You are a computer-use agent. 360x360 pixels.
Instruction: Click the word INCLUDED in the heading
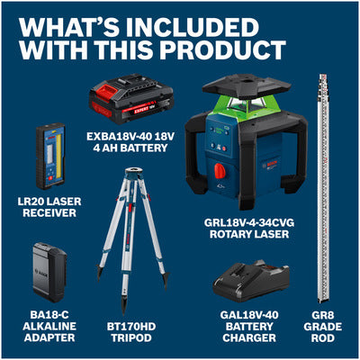(193, 28)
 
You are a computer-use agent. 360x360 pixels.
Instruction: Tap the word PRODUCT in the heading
(222, 49)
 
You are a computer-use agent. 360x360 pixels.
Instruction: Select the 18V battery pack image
(131, 98)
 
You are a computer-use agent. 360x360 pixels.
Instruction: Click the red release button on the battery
(105, 91)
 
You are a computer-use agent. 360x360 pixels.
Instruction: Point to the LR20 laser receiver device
(50, 156)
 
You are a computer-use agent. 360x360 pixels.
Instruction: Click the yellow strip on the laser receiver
(58, 156)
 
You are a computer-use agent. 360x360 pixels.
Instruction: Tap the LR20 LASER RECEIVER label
(49, 207)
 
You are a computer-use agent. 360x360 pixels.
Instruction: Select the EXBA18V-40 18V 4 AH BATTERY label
(130, 142)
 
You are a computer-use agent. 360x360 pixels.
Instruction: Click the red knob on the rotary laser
(220, 171)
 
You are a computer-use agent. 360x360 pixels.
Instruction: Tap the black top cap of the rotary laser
(247, 86)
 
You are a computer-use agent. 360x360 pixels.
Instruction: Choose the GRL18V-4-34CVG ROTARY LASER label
(249, 229)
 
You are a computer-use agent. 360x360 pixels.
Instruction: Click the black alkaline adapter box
(49, 273)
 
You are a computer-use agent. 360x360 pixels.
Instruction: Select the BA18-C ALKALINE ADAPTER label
(49, 327)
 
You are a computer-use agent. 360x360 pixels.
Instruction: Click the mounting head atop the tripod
(134, 174)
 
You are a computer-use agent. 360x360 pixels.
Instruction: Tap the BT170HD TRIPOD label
(131, 332)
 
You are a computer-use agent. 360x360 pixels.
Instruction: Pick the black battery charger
(251, 282)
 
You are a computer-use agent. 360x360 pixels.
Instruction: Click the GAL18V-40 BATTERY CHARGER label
(249, 327)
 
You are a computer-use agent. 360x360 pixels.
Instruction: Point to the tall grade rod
(324, 188)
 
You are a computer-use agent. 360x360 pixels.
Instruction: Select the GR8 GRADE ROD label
(323, 327)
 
